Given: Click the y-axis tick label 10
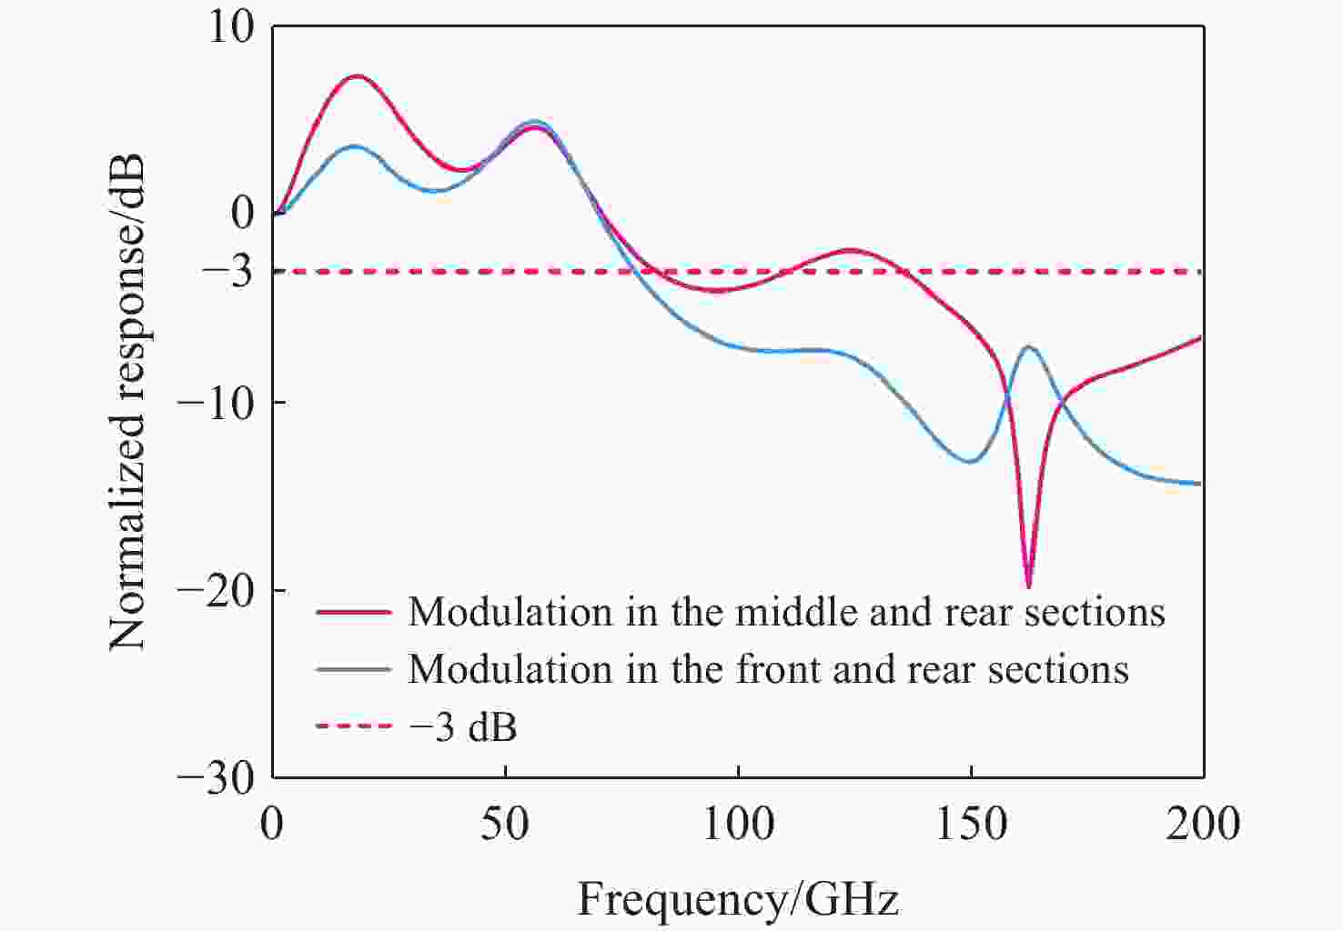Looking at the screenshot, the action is coord(231,28).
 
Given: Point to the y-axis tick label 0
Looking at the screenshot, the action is coord(243,212).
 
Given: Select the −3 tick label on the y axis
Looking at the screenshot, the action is coord(227,273).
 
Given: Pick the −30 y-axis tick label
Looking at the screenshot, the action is coord(216,779).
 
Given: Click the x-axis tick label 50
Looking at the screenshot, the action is coord(505,825).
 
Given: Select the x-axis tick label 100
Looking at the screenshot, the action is coord(738,825).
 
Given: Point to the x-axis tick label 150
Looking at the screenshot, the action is coord(971,825).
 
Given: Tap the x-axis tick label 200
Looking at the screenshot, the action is coord(1203,825).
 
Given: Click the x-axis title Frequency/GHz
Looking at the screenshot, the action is coord(738,898).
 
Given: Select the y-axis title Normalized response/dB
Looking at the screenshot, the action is coord(127,402).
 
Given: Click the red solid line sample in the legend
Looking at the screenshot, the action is coord(354,612).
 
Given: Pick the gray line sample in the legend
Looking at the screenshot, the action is coord(354,669).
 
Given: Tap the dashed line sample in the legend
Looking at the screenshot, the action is coord(354,726).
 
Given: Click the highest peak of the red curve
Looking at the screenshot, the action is coord(358,76).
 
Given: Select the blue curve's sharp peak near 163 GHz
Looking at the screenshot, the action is coord(1029,347).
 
